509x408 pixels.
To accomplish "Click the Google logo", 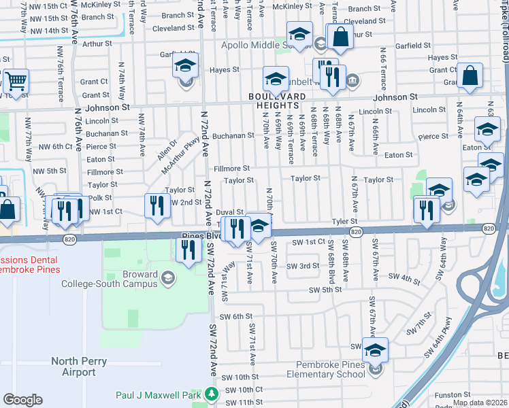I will [23, 400].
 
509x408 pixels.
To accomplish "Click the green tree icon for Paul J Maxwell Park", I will [212, 394].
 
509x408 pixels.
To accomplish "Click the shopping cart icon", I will [16, 82].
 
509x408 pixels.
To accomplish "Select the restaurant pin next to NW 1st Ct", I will [157, 207].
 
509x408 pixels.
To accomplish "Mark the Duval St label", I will [229, 212].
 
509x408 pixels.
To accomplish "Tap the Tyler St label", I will [344, 222].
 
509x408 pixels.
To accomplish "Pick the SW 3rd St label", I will [303, 266].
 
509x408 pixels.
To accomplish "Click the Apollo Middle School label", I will [264, 45].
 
